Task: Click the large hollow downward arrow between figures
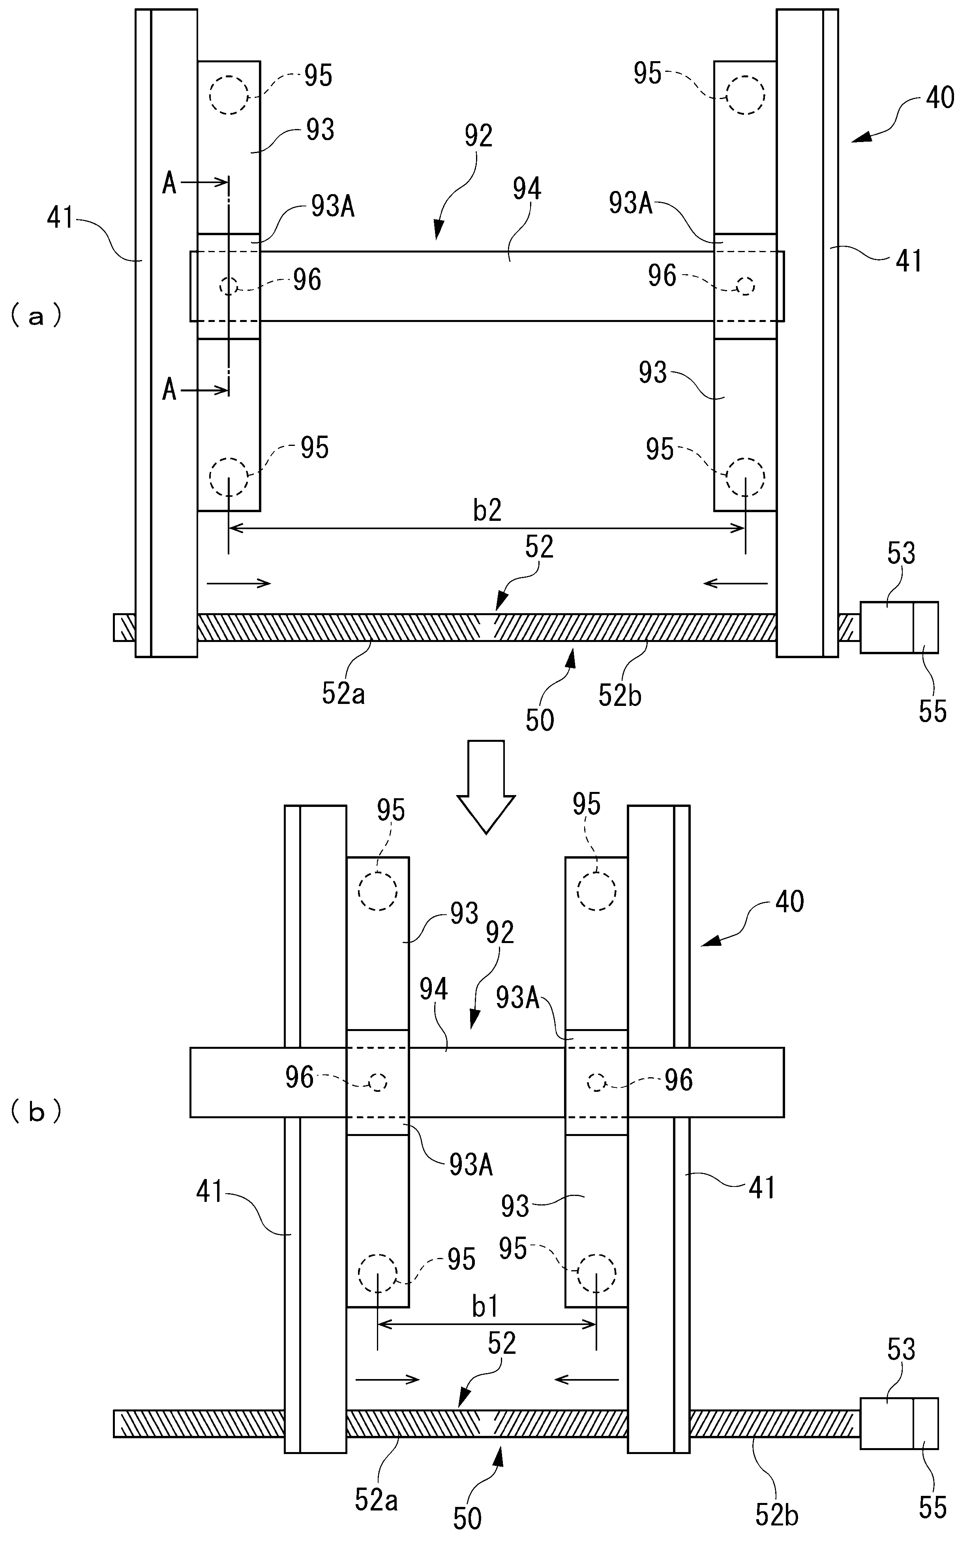486,786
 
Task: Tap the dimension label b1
485,1307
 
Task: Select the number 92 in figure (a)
478,136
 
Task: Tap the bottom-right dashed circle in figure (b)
596,1272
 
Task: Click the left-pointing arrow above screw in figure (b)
587,1379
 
